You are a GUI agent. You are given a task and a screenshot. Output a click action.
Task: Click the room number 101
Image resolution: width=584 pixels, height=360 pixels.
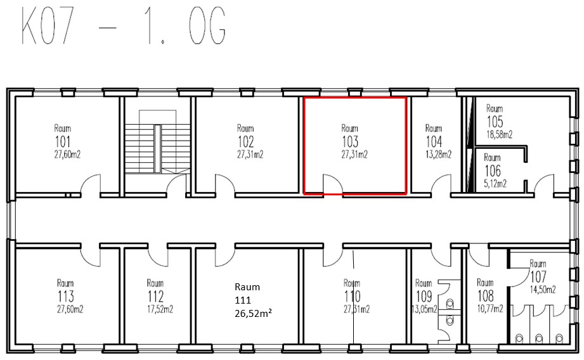pos(63,142)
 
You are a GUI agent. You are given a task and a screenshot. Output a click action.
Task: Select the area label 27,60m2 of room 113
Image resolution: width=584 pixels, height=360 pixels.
pos(70,309)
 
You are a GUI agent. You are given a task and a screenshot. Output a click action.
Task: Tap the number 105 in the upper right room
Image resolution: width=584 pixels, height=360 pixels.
pos(495,122)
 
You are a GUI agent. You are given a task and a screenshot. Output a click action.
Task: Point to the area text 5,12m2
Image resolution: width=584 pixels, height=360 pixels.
pos(495,184)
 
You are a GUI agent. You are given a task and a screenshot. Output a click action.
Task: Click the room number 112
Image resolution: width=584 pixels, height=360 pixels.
pos(155,297)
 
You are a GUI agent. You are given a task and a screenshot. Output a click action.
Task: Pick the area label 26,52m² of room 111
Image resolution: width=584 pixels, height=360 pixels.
pos(253,314)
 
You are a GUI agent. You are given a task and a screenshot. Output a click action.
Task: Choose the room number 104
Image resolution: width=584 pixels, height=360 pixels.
pos(434,142)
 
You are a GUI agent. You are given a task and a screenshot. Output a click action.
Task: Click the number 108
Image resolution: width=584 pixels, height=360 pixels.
pos(486,297)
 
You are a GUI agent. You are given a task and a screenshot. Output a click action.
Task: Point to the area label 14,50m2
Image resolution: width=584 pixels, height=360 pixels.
pos(543,290)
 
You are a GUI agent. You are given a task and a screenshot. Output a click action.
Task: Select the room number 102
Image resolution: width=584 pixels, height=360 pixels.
pos(246,142)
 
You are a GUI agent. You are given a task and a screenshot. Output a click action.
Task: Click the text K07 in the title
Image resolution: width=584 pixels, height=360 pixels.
pos(47,27)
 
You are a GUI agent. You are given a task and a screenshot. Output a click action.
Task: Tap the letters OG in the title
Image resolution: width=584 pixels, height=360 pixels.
pos(207,27)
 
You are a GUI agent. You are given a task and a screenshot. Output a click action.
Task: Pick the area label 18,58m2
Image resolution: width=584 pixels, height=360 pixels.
pos(500,134)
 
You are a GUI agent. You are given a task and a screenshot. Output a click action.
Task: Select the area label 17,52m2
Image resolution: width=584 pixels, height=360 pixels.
pos(160,309)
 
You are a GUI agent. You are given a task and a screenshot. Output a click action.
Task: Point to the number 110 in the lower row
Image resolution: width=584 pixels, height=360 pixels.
pos(353,297)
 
